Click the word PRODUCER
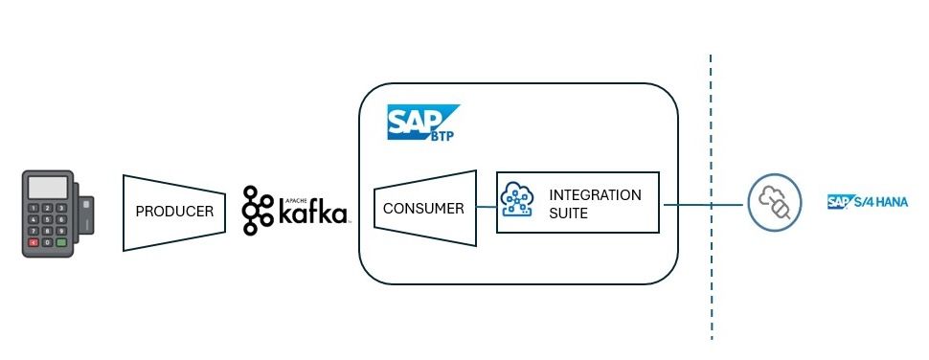[174, 212]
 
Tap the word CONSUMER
[423, 209]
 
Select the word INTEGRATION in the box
[595, 194]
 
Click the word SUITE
[568, 214]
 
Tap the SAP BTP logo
[423, 123]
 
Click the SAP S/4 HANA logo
[868, 202]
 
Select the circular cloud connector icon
[775, 202]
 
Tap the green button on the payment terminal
[61, 242]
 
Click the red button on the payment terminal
[34, 242]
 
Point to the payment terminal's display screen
[48, 188]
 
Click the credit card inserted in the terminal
[86, 215]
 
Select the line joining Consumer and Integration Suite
[487, 207]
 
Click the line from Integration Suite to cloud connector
[703, 205]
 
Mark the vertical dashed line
[711, 197]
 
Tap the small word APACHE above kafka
[289, 192]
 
